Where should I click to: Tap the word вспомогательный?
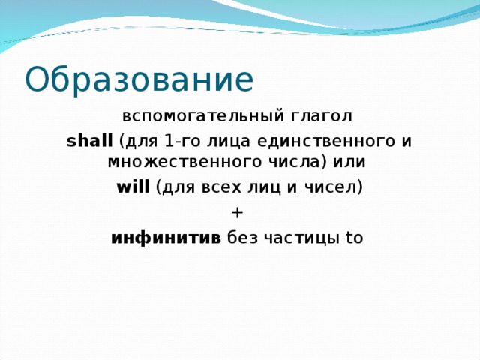[x=202, y=116]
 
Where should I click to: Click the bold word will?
[x=133, y=187]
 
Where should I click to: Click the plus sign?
[x=238, y=212]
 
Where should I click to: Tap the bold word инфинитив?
[x=166, y=238]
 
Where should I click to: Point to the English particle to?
[x=354, y=238]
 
